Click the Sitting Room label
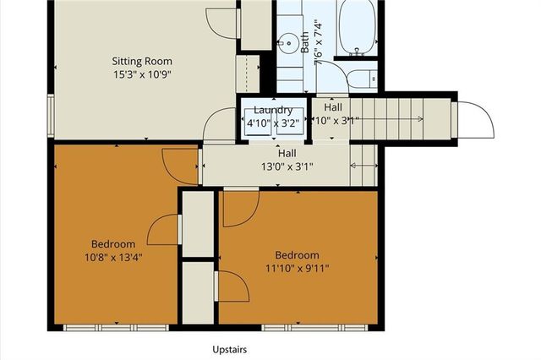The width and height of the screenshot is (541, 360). pyautogui.click(x=142, y=61)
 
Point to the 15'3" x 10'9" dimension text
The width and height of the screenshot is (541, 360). pyautogui.click(x=142, y=74)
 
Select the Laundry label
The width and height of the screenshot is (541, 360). pyautogui.click(x=272, y=110)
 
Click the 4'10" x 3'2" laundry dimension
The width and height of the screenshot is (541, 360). pyautogui.click(x=272, y=123)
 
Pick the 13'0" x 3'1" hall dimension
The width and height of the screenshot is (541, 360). pyautogui.click(x=287, y=166)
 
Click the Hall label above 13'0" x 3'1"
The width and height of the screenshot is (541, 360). pyautogui.click(x=287, y=154)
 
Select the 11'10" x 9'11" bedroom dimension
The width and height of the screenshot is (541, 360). pyautogui.click(x=297, y=269)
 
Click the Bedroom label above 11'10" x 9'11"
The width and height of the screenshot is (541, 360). pyautogui.click(x=297, y=255)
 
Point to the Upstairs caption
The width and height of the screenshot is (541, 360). pyautogui.click(x=229, y=348)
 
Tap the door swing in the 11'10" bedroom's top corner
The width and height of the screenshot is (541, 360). pyautogui.click(x=240, y=207)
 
